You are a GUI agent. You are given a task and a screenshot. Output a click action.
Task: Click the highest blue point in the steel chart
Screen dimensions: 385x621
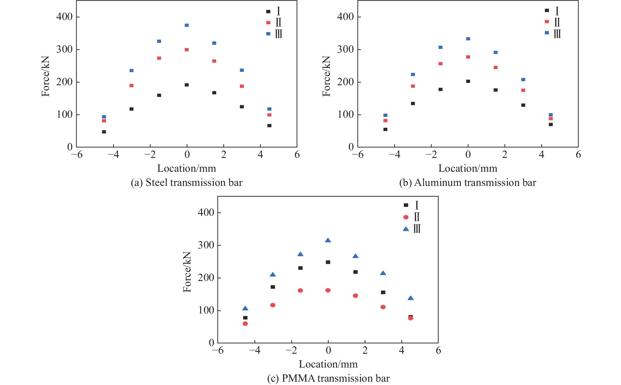[187, 25]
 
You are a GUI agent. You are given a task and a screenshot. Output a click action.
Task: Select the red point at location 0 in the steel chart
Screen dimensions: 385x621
[187, 50]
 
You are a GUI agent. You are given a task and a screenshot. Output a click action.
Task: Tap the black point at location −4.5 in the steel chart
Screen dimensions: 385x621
[104, 132]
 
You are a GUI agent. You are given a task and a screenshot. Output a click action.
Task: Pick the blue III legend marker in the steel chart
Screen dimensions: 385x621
[268, 34]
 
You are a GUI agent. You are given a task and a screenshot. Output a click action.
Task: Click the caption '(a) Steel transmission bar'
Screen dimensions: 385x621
[186, 183]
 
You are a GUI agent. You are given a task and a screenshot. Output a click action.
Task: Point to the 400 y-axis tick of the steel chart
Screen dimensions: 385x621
[64, 17]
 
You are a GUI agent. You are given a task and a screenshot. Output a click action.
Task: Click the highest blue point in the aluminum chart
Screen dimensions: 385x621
[468, 39]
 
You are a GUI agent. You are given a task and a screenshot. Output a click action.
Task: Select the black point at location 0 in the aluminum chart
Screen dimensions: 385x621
[468, 81]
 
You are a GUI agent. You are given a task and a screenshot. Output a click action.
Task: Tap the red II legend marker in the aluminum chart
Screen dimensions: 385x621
[547, 22]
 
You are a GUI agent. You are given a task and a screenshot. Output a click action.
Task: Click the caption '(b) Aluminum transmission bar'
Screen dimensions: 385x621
[468, 183]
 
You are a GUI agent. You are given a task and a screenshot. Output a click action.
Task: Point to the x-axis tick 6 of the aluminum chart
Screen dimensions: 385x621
[578, 155]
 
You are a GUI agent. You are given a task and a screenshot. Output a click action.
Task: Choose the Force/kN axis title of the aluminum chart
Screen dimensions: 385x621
[326, 76]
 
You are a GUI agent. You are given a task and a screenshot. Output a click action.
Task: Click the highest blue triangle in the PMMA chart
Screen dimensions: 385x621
[328, 241]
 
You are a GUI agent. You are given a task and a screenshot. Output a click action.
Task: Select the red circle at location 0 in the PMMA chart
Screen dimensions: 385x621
[328, 290]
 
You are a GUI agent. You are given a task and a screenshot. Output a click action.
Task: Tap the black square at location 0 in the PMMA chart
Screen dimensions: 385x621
[328, 262]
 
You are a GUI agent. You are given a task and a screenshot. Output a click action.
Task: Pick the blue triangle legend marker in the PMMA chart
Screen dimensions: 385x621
[406, 229]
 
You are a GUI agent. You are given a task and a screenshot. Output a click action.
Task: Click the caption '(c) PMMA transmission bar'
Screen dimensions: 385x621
[328, 378]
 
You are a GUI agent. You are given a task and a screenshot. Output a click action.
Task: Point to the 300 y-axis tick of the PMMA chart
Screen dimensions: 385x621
[206, 245]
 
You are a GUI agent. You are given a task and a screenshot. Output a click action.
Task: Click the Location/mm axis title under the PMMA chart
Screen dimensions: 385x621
[328, 364]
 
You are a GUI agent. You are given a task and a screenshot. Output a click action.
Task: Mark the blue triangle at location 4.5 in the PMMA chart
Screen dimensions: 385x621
[410, 298]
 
